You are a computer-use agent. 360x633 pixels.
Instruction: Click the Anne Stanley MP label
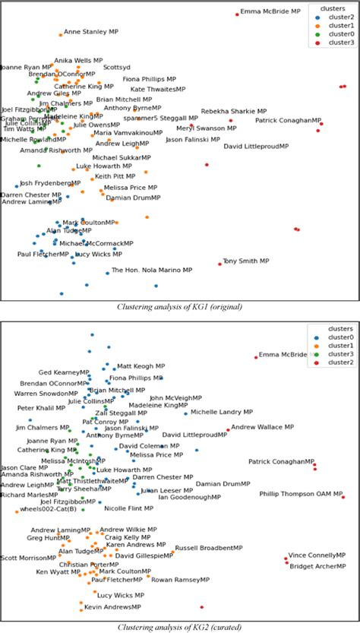pos(91,33)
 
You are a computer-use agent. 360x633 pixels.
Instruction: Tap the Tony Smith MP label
pos(246,261)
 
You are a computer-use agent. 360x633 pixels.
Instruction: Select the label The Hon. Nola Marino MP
pos(152,270)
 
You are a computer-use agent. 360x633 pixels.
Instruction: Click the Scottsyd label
pos(117,67)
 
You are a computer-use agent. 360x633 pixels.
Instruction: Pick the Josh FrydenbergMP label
pos(50,183)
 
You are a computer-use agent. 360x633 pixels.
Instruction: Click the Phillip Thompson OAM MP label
pos(302,493)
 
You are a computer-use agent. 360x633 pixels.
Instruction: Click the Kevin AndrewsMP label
pos(112,607)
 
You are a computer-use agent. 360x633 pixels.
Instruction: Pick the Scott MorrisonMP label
pos(29,558)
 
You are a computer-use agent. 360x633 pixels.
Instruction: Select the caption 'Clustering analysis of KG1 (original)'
pos(179,306)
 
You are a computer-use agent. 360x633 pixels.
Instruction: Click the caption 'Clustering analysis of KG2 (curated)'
pos(179,628)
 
